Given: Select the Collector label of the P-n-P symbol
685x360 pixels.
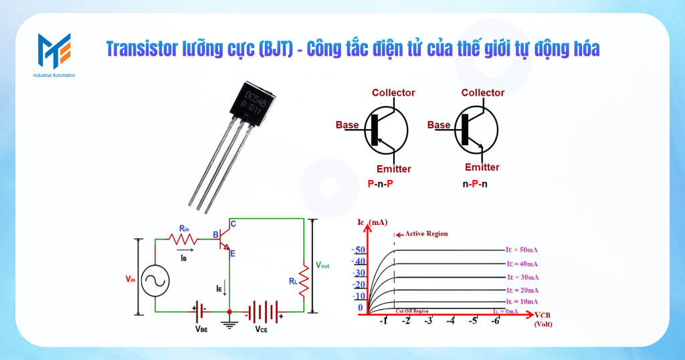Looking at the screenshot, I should click(x=393, y=93).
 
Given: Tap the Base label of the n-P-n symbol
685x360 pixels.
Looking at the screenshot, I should click(x=439, y=125).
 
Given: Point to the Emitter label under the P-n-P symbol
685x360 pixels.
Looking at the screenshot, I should click(x=393, y=169).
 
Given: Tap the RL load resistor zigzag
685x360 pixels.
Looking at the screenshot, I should click(x=304, y=281).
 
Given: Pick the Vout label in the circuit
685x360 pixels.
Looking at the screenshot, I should click(x=323, y=265).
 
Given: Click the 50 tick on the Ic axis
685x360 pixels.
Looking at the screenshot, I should click(x=359, y=250).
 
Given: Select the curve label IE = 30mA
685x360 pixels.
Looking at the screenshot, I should click(x=522, y=277).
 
